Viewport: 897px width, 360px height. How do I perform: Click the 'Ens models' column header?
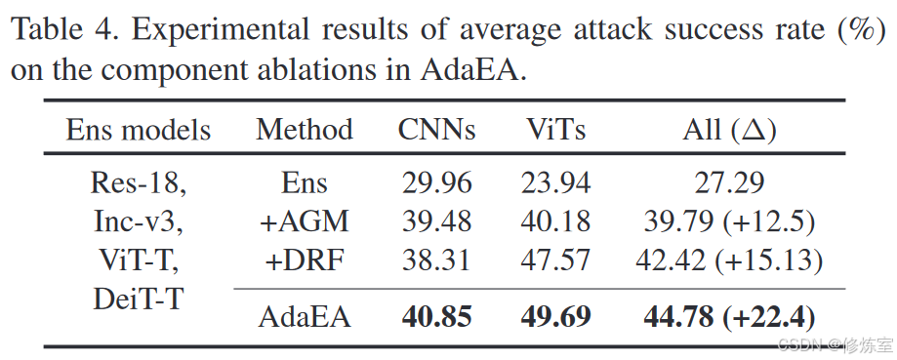(x=139, y=131)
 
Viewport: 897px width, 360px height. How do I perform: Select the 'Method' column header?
(x=305, y=131)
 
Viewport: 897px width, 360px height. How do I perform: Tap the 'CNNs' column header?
(x=436, y=131)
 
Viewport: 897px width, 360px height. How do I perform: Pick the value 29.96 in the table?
(x=436, y=183)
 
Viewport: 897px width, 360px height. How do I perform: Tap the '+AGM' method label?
(x=305, y=221)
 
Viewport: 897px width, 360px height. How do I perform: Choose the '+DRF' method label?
(x=305, y=260)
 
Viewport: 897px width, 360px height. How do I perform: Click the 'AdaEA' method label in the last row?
(x=305, y=317)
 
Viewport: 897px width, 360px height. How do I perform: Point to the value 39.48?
(x=436, y=221)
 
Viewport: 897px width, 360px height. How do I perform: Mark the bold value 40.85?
(x=436, y=317)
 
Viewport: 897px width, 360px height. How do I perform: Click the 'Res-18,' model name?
(x=139, y=183)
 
